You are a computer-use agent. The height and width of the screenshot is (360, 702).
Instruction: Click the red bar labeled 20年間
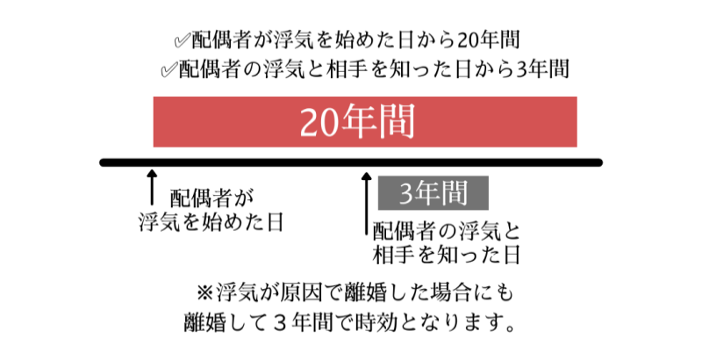(365, 122)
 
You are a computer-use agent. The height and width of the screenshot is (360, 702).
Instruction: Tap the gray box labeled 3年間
(433, 193)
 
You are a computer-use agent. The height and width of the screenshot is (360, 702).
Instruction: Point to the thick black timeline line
(351, 162)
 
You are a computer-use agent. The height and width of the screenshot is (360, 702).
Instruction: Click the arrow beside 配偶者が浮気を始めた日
(152, 187)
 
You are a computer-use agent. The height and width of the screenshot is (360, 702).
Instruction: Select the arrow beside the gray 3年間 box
(367, 204)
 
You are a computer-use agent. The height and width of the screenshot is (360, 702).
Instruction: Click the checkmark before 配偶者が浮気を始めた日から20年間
(183, 41)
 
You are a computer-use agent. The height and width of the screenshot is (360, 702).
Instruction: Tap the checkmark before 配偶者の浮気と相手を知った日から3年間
(168, 70)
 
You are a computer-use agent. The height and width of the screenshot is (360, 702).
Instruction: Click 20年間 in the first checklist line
(488, 40)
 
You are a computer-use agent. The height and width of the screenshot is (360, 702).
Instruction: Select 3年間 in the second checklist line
(542, 69)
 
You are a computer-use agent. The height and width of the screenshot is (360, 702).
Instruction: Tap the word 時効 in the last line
(376, 322)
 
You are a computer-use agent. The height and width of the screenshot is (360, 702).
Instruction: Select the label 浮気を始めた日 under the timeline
(211, 222)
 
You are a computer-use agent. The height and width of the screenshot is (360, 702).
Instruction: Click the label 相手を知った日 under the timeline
(446, 255)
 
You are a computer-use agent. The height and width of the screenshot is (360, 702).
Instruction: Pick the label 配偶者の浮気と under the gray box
(446, 231)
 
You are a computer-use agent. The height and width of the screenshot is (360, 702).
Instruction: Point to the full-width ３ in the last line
(279, 322)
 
